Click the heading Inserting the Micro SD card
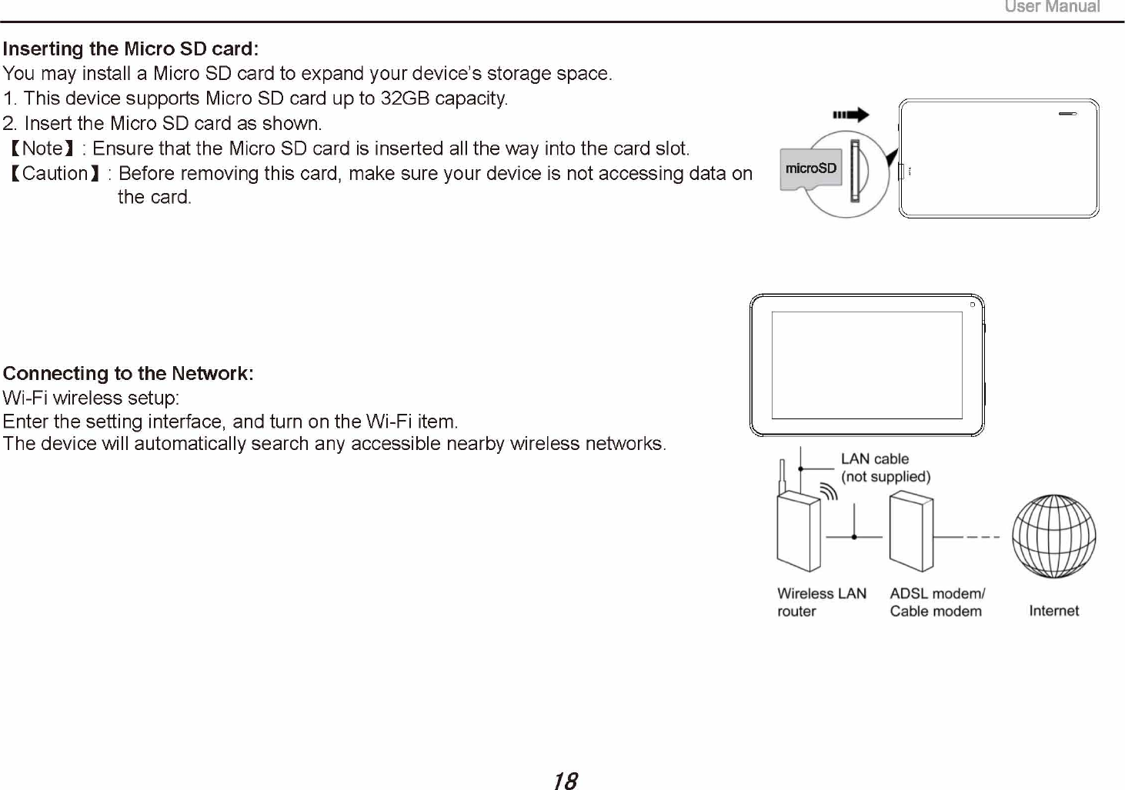pos(130,49)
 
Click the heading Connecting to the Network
pos(128,374)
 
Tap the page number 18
pos(565,781)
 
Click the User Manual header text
pos(1052,7)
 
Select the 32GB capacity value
pos(405,98)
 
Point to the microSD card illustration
pos(810,169)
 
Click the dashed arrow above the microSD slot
pos(850,115)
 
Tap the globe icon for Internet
pos(1053,536)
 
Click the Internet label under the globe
pos(1053,611)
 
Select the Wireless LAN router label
pos(821,602)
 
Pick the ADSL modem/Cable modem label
pos(936,602)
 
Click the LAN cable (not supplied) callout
pos(885,468)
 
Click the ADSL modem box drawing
pos(911,532)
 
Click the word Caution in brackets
pos(55,174)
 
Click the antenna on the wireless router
pos(782,477)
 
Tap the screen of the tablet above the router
pos(866,365)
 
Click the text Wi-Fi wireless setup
pos(91,398)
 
